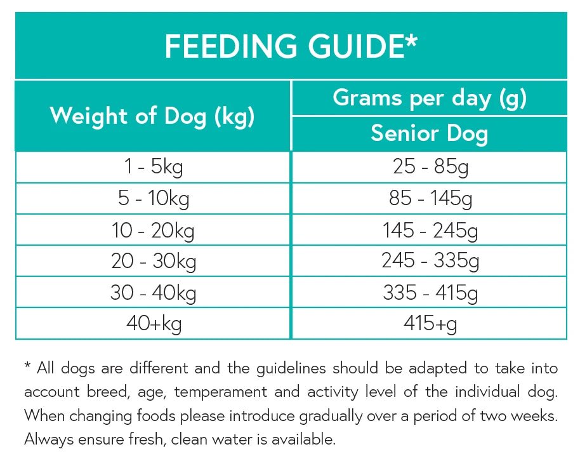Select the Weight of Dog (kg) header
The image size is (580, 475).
[x=152, y=116]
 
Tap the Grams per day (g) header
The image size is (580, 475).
[x=429, y=98]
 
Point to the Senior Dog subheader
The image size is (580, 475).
[x=429, y=133]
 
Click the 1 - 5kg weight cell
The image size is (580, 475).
[x=153, y=168]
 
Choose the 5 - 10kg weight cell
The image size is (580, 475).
[x=153, y=199]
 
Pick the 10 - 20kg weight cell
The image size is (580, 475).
[x=153, y=230]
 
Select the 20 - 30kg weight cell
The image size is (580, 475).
[x=153, y=261]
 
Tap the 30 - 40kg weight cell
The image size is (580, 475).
[x=153, y=292]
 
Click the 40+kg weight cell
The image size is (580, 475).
[x=153, y=323]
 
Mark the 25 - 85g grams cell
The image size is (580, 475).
[x=430, y=168]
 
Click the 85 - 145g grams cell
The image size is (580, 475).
[x=430, y=199]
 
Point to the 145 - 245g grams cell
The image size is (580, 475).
[x=430, y=230]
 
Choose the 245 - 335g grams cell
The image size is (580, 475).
[x=430, y=261]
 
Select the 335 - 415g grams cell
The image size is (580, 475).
[x=430, y=292]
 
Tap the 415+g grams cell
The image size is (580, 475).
[x=430, y=323]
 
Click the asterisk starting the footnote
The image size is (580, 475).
[x=27, y=366]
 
